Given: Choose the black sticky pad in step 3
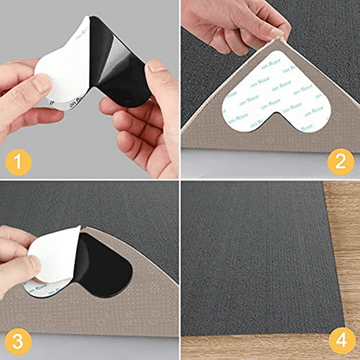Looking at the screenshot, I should tap(105, 265).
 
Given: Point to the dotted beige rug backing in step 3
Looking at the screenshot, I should tap(100, 315).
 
